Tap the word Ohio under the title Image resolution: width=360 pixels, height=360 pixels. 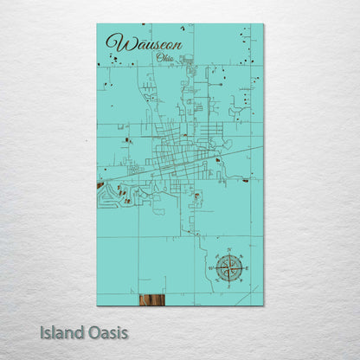pos(163,57)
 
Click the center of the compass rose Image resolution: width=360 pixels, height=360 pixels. pos(230,268)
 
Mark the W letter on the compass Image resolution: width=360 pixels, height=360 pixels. pos(213,268)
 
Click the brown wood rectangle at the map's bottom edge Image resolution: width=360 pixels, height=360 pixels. pos(151,299)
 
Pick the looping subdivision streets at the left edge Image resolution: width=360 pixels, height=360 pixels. pos(107,196)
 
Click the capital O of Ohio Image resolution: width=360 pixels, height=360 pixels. pos(157,57)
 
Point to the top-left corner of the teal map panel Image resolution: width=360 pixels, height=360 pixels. pos(97,23)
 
